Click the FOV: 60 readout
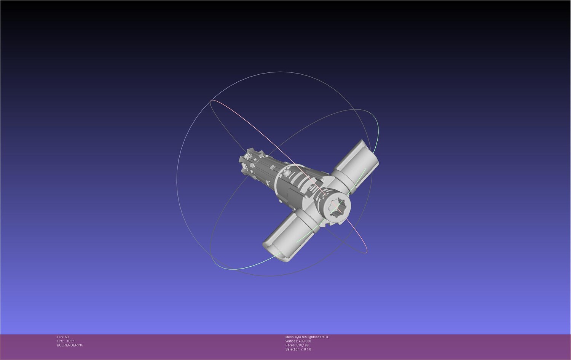coord(63,337)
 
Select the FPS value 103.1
coord(70,341)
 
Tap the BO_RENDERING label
coord(70,345)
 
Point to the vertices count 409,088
coord(305,341)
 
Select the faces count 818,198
coord(302,345)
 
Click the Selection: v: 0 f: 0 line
coord(298,349)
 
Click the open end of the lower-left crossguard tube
coord(273,253)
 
